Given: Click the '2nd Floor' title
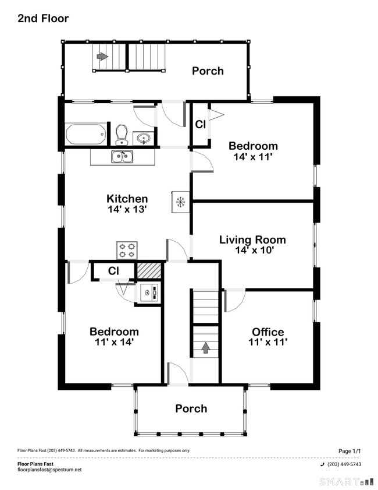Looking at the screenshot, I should tap(43, 19).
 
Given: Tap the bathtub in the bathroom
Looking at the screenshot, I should tap(86, 134).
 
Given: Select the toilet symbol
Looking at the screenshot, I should tap(122, 135).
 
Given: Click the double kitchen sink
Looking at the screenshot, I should tap(122, 156).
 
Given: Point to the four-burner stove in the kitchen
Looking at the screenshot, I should tap(127, 250).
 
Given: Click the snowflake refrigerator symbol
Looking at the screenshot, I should tap(180, 202).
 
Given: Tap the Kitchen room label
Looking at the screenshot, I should tap(127, 199).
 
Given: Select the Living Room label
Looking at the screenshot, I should tap(252, 239).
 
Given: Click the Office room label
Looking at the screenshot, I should tap(268, 332).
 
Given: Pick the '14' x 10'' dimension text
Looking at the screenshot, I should tap(254, 250).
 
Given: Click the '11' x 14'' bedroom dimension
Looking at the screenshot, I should tap(114, 342).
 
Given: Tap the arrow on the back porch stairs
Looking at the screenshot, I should tap(102, 57).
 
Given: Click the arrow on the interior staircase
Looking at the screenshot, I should tap(206, 348).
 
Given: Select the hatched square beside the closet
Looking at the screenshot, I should tap(148, 271).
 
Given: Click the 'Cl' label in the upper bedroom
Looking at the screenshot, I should tap(200, 124).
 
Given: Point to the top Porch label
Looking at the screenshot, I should tap(208, 71).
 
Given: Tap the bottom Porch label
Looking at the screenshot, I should tap(191, 408).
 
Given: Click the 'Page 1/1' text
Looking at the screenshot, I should tap(350, 451).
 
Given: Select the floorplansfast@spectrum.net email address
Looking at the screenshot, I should tap(49, 470).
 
